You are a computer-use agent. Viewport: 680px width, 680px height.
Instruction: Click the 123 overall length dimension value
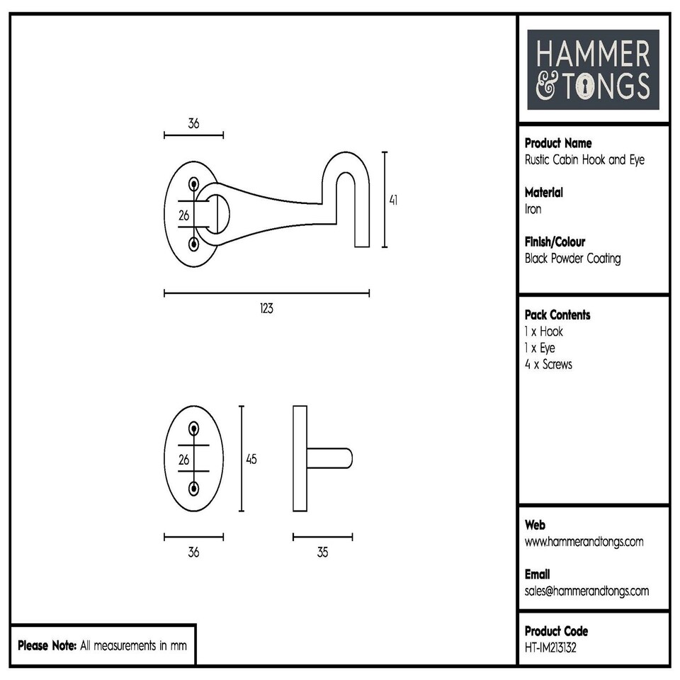[266, 309]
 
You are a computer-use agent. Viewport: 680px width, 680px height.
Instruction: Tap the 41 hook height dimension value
[393, 200]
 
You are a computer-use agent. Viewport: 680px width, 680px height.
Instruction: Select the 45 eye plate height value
[251, 459]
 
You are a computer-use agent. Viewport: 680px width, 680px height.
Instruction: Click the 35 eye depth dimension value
[322, 552]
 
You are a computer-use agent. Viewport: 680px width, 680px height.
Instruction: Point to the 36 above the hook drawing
[193, 123]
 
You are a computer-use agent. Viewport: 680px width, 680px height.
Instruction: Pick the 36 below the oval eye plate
[193, 552]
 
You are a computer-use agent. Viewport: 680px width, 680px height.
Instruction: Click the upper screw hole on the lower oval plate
[193, 428]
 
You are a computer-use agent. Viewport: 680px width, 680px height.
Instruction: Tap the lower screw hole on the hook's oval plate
[193, 244]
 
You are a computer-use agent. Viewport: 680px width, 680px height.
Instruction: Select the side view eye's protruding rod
[329, 458]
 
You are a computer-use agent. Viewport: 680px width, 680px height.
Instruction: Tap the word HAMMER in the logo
[592, 56]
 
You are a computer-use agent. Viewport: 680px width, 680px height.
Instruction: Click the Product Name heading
[558, 143]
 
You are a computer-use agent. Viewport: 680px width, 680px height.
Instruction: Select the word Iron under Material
[533, 209]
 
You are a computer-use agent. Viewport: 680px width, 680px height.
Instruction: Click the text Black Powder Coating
[572, 259]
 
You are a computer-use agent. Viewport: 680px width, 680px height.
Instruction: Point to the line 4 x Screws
[548, 365]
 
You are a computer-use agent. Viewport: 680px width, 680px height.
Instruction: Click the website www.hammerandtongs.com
[584, 542]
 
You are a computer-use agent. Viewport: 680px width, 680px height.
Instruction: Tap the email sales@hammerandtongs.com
[586, 591]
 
